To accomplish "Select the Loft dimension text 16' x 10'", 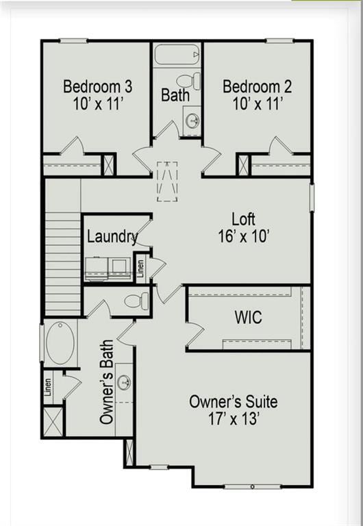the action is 244,236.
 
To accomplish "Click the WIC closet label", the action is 248,317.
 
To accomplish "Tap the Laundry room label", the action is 112,237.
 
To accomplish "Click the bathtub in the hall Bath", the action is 177,54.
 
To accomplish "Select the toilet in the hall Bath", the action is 188,81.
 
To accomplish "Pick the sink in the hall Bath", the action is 192,121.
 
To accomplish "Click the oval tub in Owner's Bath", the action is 60,343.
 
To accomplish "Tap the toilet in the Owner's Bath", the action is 136,301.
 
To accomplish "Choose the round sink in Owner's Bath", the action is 125,382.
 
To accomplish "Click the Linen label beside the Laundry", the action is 140,268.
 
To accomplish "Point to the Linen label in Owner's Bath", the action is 49,387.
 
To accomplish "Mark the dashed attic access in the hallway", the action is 167,181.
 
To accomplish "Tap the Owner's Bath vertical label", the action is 107,382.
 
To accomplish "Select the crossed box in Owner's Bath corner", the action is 53,422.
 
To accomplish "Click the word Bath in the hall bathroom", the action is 175,95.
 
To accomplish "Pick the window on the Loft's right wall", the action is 312,198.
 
